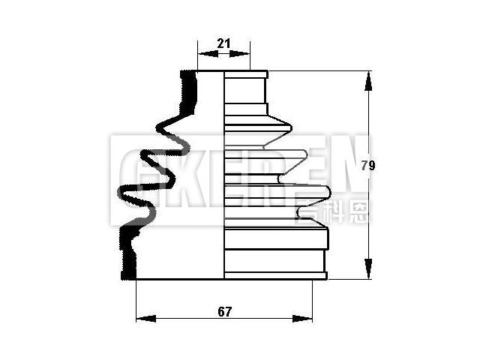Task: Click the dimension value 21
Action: pyautogui.click(x=223, y=43)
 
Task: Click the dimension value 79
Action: pyautogui.click(x=367, y=166)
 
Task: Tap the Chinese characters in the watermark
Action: pyautogui.click(x=331, y=209)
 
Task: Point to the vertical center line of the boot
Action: pyautogui.click(x=225, y=180)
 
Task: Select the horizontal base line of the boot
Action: pyautogui.click(x=225, y=280)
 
